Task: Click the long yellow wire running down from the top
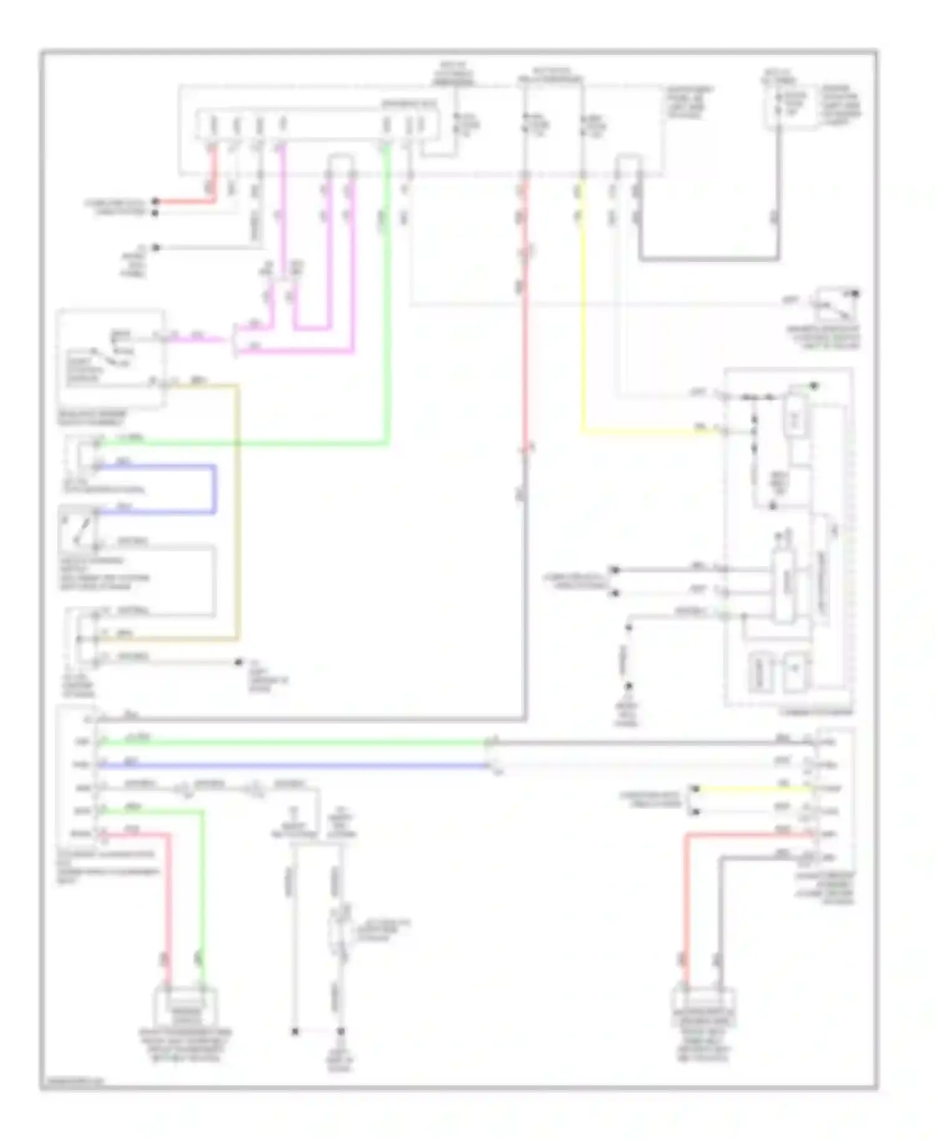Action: pyautogui.click(x=583, y=312)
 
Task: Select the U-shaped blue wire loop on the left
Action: pyautogui.click(x=215, y=490)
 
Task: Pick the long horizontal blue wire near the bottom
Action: pyautogui.click(x=293, y=765)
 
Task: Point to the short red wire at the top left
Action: pyautogui.click(x=187, y=201)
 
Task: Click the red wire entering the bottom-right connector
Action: pyautogui.click(x=686, y=904)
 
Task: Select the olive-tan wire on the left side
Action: pyautogui.click(x=237, y=511)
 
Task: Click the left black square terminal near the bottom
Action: pyautogui.click(x=295, y=1032)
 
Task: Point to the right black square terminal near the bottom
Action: pyautogui.click(x=341, y=1032)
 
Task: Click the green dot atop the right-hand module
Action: pyautogui.click(x=813, y=387)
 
